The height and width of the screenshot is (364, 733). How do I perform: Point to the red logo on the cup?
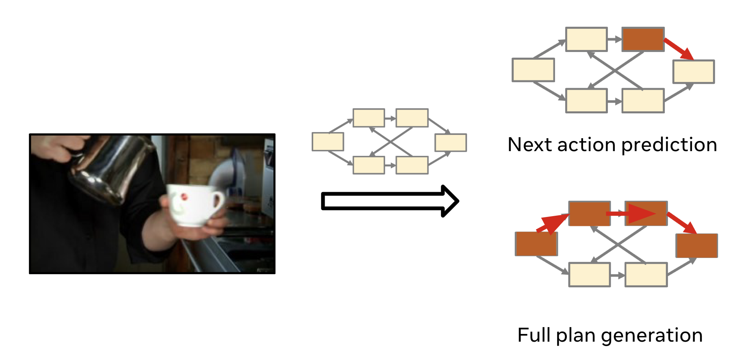184,197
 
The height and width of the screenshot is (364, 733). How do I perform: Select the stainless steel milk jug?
110,167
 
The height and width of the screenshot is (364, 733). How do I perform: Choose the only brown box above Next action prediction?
643,39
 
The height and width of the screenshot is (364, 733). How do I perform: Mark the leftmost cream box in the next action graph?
533,70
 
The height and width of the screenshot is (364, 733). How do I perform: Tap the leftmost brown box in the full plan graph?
536,244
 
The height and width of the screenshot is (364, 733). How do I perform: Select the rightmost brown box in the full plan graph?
696,245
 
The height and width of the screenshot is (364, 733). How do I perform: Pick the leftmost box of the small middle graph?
327,142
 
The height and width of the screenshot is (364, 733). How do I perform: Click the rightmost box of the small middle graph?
450,143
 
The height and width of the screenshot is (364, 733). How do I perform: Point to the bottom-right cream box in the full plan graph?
646,275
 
